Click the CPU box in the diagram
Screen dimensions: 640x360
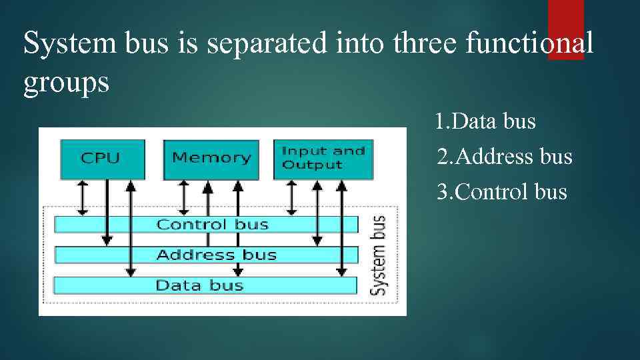(101, 159)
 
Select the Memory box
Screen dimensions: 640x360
(211, 159)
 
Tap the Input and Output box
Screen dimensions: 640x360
(323, 159)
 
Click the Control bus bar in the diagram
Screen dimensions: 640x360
(205, 225)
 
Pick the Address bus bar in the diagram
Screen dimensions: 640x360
(205, 255)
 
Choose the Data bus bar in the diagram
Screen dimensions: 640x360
(205, 285)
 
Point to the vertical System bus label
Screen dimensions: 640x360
(378, 255)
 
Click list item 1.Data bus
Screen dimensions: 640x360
(485, 122)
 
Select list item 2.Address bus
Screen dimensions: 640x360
(504, 157)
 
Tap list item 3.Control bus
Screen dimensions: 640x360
(501, 193)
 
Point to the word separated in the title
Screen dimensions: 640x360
(269, 45)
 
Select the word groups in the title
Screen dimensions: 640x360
(66, 84)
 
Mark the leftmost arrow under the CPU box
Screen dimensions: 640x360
(82, 197)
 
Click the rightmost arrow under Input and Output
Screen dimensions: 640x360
(341, 227)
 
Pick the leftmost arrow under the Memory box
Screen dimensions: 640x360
(185, 197)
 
